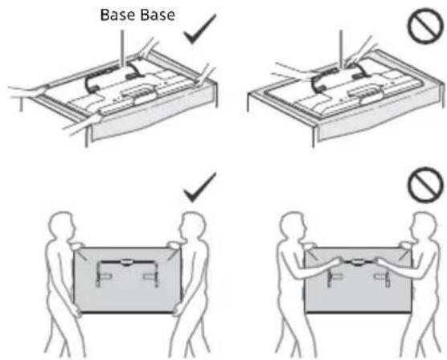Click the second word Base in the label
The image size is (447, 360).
tap(158, 14)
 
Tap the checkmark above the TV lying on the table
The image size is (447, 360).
tap(200, 30)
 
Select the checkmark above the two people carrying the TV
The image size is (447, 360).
tap(200, 187)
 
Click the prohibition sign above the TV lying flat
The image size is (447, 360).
tap(426, 27)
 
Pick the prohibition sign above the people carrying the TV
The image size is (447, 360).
tap(426, 185)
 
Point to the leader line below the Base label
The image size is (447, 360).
tap(123, 48)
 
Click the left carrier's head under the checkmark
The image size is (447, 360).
tap(64, 225)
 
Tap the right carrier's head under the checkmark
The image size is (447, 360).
tap(193, 226)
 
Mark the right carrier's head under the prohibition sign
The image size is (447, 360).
tap(424, 226)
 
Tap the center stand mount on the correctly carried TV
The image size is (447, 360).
tap(125, 262)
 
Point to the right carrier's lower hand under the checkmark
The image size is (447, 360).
tap(178, 309)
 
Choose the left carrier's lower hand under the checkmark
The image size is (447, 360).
tap(76, 310)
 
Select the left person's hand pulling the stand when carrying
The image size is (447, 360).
tap(336, 262)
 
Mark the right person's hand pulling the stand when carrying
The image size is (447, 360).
tap(379, 262)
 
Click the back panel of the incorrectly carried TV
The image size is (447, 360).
tap(358, 291)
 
